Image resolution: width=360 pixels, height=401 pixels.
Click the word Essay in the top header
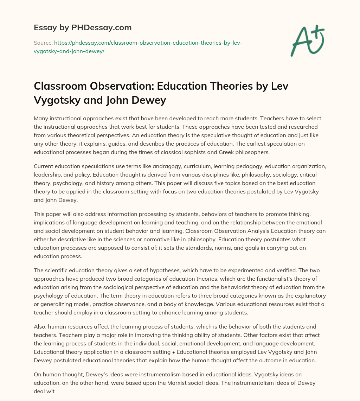point(43,27)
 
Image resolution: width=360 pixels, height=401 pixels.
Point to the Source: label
point(43,43)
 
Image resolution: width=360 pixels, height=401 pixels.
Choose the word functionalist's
point(258,279)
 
